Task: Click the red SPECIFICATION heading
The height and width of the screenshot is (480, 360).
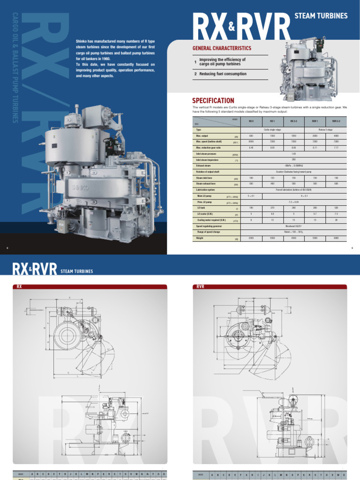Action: [x=213, y=100]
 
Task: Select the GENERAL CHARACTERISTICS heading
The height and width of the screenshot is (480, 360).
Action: [x=222, y=48]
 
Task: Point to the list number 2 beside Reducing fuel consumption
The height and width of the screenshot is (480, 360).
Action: [x=195, y=74]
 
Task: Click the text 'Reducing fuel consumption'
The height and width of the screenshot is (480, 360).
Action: [x=223, y=74]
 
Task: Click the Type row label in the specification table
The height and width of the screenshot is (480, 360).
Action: [x=199, y=129]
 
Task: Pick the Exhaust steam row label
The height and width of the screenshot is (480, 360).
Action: [x=205, y=165]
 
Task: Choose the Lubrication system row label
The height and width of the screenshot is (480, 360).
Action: [x=207, y=190]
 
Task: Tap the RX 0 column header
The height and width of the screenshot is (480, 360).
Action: [x=251, y=121]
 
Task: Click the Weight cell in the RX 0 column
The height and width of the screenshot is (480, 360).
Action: [x=251, y=238]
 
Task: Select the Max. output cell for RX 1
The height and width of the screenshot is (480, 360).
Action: [x=272, y=135]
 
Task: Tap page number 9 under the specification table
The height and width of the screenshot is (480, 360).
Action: [x=352, y=248]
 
